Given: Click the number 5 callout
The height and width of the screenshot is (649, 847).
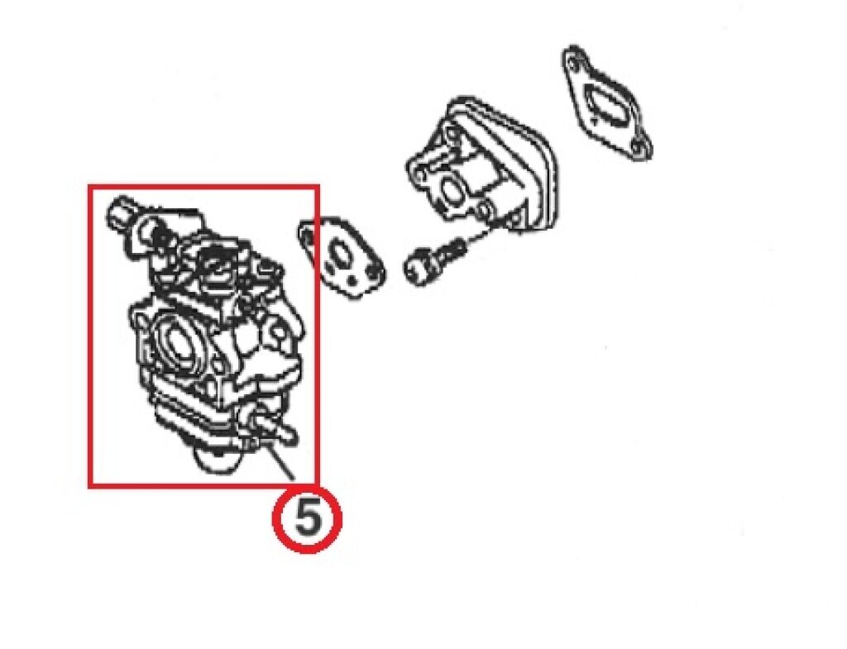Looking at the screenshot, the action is pos(308,519).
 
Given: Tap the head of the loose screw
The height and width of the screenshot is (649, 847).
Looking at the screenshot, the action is pos(418,270).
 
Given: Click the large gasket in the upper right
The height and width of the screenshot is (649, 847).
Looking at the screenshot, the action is pos(606,102).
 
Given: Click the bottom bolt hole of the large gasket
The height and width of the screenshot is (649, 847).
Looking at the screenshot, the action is pos(641,146).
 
